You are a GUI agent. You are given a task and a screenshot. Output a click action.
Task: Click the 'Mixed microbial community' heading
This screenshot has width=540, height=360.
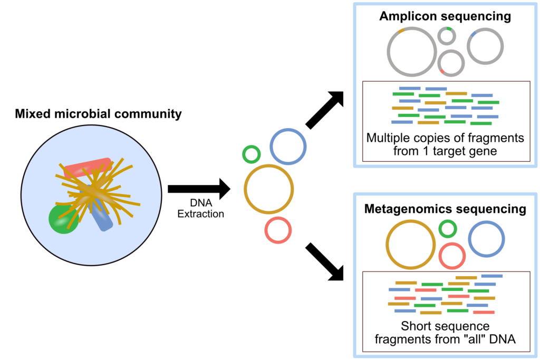point(98,113)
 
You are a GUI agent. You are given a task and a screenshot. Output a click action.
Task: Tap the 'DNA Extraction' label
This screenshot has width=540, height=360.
point(201,209)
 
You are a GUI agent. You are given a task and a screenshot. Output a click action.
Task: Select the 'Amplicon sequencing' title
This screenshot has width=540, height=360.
point(445,16)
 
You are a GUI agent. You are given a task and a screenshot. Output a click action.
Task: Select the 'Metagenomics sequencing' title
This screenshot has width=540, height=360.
point(445,209)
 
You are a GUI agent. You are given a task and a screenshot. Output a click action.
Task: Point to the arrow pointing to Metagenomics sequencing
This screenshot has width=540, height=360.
point(324,262)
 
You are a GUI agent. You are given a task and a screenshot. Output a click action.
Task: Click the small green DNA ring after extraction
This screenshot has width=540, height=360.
point(252,154)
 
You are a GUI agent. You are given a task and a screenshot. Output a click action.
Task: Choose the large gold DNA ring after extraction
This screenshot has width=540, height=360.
point(269,189)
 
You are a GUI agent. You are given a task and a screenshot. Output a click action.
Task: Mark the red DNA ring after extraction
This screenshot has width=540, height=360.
point(278,230)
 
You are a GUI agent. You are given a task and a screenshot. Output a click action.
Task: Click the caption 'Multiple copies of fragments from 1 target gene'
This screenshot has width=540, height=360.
point(445,145)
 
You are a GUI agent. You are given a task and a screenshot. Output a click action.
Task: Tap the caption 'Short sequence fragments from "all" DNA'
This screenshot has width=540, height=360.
point(445,333)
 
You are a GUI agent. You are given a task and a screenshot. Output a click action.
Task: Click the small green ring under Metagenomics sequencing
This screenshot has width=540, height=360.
point(448,229)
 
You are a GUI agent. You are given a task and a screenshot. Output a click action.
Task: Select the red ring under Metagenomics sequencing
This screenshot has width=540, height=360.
point(452,256)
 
